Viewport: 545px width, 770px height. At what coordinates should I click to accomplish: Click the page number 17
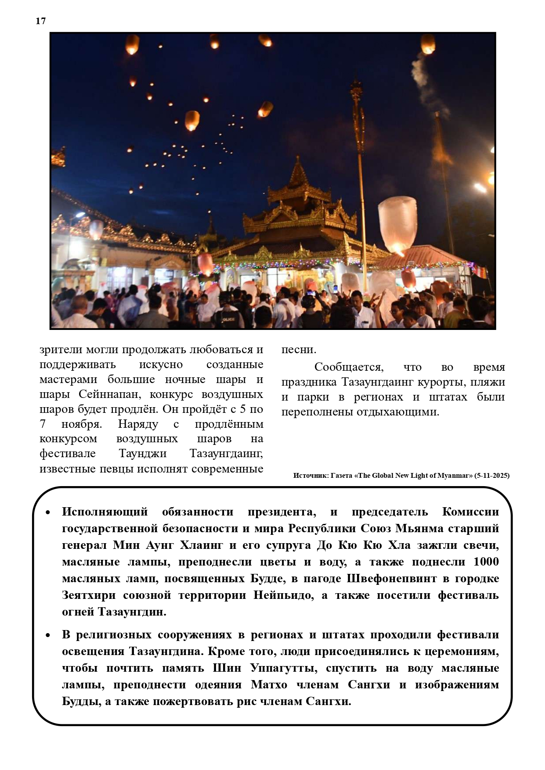pos(40,21)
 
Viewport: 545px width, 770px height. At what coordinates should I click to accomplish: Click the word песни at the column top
pos(298,350)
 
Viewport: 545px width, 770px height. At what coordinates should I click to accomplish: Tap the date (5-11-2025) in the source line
pos(491,476)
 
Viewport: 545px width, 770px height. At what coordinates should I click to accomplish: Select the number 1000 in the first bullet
pos(486,562)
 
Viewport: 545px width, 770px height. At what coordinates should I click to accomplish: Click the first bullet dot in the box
pos(48,512)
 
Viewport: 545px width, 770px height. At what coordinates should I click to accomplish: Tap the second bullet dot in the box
pos(48,635)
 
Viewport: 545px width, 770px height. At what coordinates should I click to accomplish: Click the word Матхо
pos(269,685)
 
